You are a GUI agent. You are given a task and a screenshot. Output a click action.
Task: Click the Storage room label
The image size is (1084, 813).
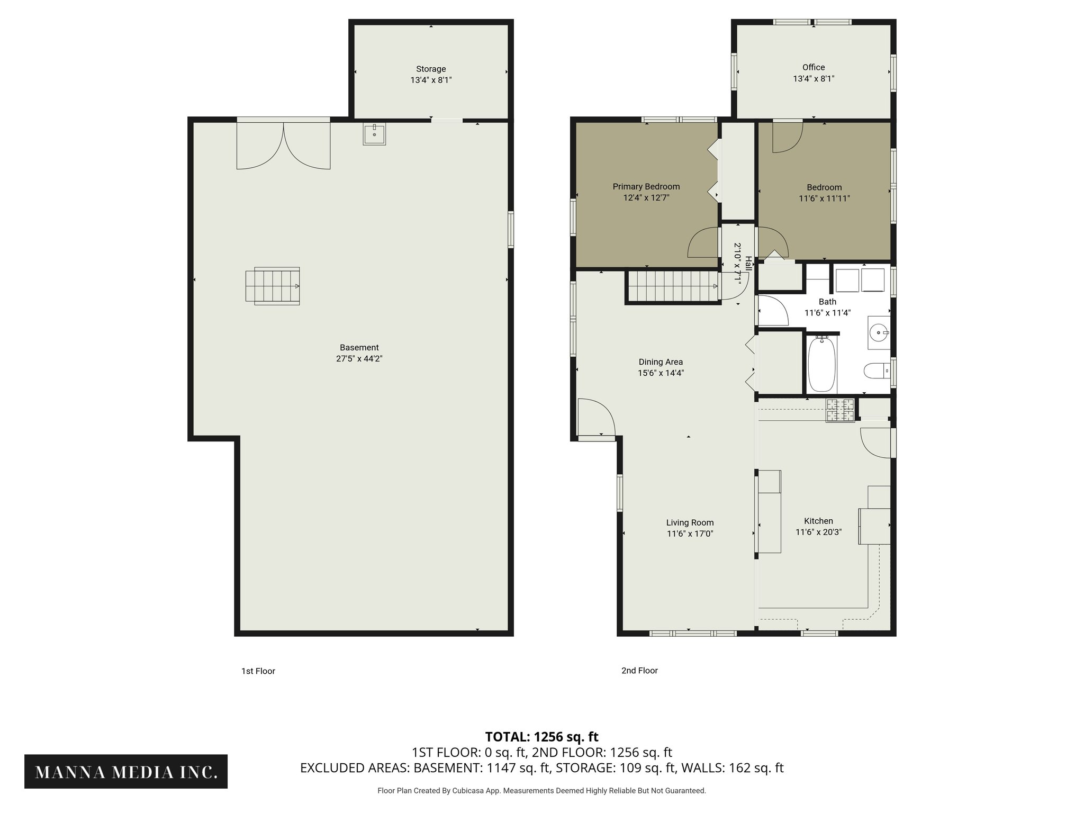[430, 69]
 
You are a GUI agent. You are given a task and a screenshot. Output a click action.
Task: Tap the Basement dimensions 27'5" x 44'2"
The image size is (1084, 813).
[359, 359]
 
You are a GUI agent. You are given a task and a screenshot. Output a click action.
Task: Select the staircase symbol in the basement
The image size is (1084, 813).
[273, 286]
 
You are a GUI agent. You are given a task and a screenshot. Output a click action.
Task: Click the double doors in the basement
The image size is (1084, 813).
[284, 145]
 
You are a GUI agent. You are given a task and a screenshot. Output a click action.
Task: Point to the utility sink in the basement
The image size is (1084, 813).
[374, 134]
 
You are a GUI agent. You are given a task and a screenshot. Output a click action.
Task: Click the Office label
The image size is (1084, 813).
[813, 67]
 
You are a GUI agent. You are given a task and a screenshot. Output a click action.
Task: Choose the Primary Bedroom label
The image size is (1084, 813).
[646, 186]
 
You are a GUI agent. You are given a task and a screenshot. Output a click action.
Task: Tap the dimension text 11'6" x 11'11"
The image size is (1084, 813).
[824, 198]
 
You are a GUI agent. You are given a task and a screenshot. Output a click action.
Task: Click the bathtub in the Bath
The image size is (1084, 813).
[821, 364]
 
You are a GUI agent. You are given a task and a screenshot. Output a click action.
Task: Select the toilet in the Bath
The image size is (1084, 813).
[877, 371]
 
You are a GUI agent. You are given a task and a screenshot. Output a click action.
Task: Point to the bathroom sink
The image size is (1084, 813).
[879, 333]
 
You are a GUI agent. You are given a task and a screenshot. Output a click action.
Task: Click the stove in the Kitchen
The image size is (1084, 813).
[840, 411]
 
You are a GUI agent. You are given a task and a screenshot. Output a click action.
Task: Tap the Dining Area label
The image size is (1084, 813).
[661, 362]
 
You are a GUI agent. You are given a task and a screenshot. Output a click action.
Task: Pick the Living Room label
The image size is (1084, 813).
[690, 522]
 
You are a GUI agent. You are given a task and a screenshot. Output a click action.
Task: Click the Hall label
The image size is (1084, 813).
[748, 264]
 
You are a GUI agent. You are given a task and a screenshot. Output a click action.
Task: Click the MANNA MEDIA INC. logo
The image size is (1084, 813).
[126, 772]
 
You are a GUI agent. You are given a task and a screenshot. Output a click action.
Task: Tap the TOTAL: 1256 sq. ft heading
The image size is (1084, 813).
[541, 737]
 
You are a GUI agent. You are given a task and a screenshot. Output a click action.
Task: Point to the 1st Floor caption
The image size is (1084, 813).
[258, 671]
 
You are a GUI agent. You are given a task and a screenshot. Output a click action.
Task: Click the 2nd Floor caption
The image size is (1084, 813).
[639, 671]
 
